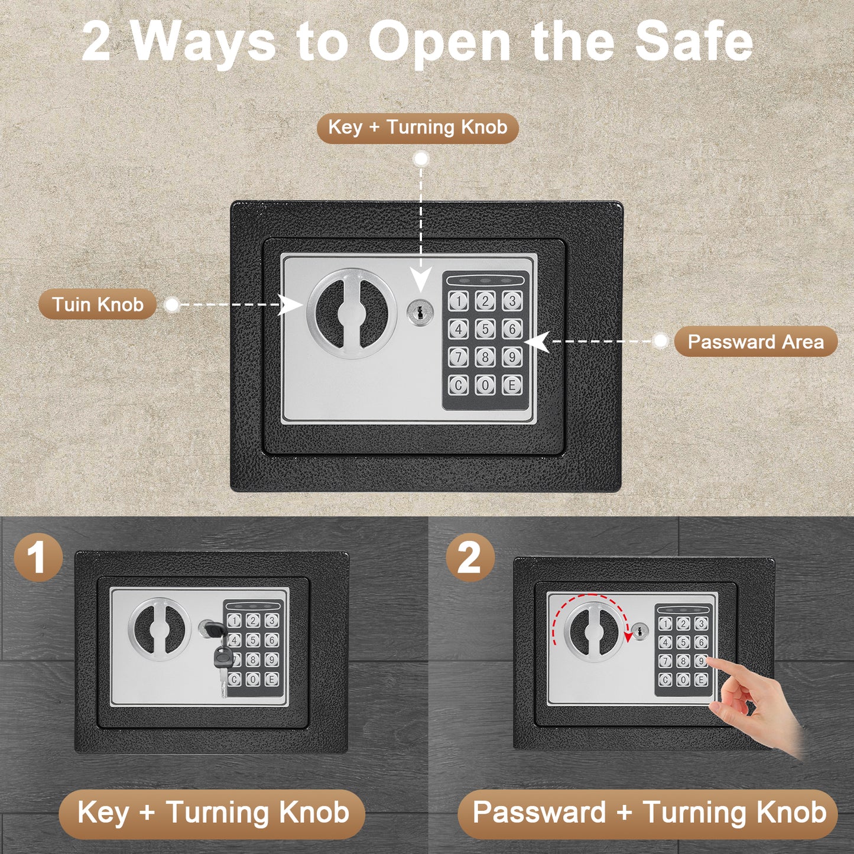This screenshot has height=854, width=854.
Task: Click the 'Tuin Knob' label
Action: click(98, 304)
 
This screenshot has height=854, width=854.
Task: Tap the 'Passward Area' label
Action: click(756, 342)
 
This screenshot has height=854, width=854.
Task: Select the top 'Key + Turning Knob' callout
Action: click(417, 128)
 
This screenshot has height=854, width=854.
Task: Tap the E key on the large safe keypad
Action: click(512, 385)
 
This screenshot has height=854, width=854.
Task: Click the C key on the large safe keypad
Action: click(458, 385)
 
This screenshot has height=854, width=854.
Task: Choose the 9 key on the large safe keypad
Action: click(512, 357)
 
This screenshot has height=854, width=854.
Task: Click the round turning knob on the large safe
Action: click(351, 313)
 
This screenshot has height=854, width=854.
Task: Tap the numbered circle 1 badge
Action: click(38, 559)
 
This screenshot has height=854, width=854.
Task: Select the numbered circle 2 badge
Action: click(470, 559)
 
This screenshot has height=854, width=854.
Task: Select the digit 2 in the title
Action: click(96, 43)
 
